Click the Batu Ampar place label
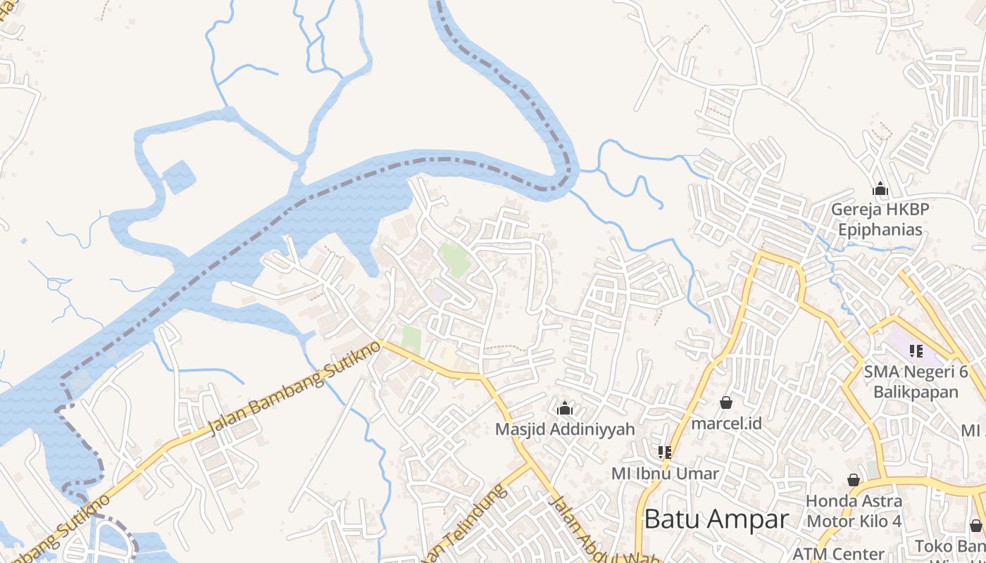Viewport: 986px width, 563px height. pos(716,519)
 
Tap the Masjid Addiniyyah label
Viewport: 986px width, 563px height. pos(565,429)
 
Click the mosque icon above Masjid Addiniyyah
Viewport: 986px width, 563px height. pos(565,408)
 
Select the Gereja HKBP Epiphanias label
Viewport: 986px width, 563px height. pos(880,219)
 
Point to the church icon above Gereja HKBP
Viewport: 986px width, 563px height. pos(880,189)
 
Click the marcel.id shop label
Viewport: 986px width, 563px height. pos(726,423)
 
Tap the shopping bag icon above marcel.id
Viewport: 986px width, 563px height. pos(726,403)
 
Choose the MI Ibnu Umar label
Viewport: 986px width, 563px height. pos(665,473)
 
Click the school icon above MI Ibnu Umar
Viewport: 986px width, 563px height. pos(665,452)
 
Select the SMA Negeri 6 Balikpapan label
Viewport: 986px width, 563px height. pos(916,381)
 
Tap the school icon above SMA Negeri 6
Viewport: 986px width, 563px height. pos(916,350)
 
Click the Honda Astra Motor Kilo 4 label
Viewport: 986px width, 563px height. pos(854,511)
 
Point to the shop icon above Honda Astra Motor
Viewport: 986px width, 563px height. pos(854,480)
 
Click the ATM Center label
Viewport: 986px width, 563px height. pos(838,553)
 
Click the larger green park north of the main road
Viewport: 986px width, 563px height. pos(455,259)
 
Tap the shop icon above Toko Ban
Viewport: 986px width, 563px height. pos(975,525)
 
